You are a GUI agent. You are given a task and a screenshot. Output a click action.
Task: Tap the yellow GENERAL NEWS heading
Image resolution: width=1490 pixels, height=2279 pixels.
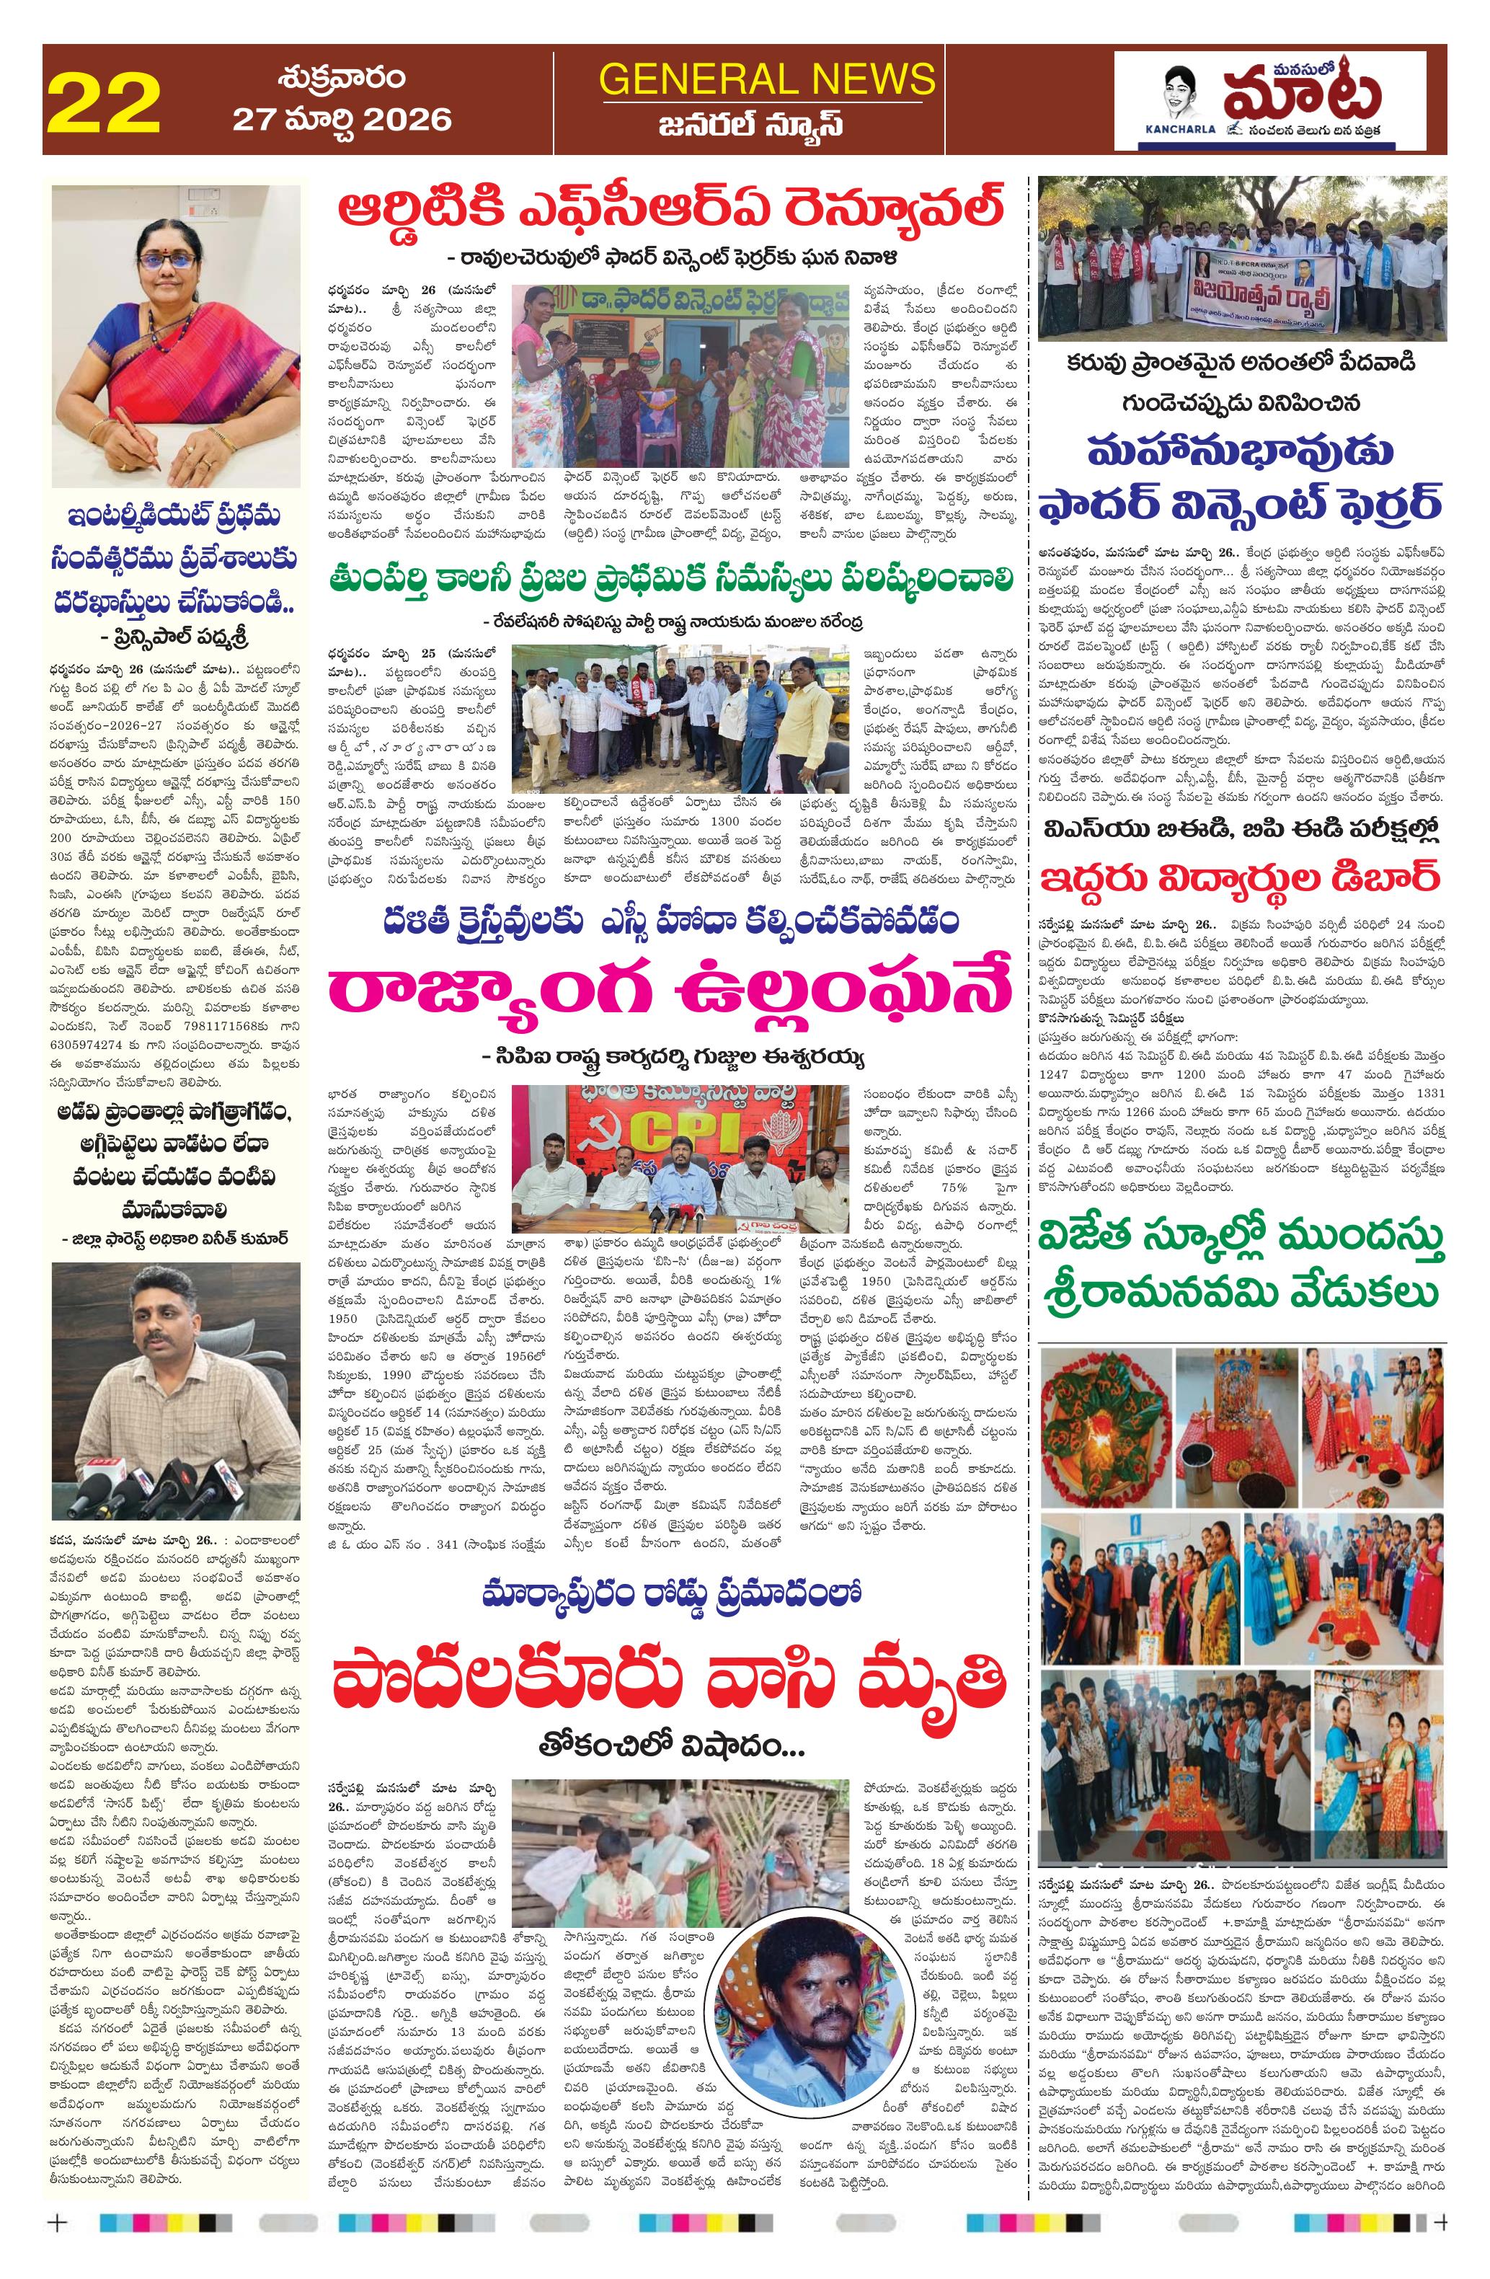[767, 79]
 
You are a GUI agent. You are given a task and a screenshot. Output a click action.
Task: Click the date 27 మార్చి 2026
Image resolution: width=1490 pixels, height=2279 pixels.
[342, 119]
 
